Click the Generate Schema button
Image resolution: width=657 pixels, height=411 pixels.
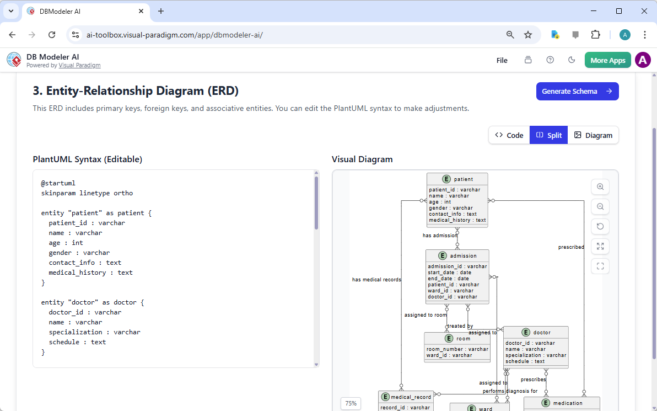click(x=577, y=92)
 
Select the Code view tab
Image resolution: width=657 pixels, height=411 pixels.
click(x=509, y=135)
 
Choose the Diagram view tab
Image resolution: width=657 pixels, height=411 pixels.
click(x=593, y=135)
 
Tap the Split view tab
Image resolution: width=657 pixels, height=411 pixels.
click(x=548, y=135)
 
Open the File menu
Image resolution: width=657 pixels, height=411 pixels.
click(x=502, y=60)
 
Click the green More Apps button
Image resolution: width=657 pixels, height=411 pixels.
click(x=607, y=60)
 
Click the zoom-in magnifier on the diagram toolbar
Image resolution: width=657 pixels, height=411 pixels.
click(x=600, y=187)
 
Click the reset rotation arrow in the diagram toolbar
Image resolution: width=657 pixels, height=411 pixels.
click(x=600, y=226)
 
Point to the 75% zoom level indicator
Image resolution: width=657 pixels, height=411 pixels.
click(x=351, y=403)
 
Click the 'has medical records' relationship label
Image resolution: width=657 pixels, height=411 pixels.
click(x=376, y=280)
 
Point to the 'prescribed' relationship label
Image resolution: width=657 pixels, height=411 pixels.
click(x=571, y=247)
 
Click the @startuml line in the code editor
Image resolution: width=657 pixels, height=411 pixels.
click(x=58, y=183)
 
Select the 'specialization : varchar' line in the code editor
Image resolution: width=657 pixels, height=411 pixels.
click(x=94, y=332)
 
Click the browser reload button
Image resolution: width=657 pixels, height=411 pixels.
click(x=52, y=35)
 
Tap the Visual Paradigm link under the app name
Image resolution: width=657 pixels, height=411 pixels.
click(x=79, y=65)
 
